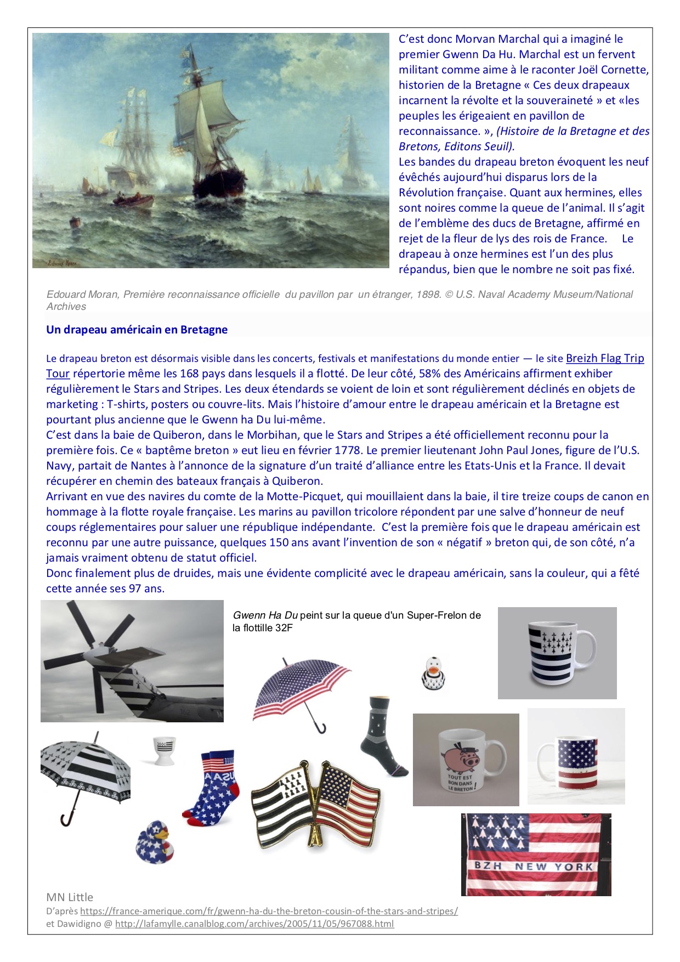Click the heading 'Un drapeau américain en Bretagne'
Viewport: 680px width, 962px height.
point(137,330)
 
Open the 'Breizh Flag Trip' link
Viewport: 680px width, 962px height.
point(605,358)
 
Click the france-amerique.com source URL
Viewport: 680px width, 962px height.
point(269,911)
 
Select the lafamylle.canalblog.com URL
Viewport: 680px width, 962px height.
point(254,924)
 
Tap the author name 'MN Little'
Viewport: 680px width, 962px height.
point(70,897)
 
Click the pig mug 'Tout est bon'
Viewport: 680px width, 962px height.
point(466,760)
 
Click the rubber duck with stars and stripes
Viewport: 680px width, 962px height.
point(156,841)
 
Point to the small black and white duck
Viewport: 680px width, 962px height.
point(434,673)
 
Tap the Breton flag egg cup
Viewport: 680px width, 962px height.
point(163,750)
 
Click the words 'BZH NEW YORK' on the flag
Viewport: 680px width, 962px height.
point(534,867)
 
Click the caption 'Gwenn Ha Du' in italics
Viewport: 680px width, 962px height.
point(265,615)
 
